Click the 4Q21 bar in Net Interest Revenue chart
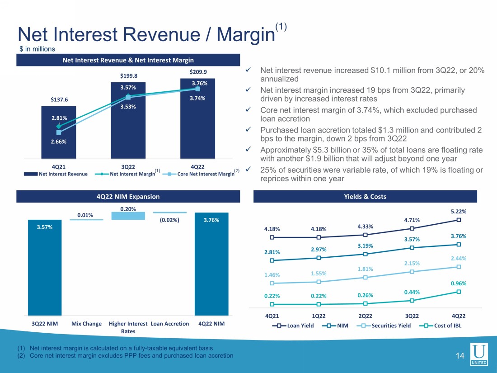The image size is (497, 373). (59, 136)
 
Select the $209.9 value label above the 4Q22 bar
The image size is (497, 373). (197, 72)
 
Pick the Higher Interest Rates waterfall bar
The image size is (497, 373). (128, 216)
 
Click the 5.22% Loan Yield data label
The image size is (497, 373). (458, 211)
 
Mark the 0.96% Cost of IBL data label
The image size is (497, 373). (458, 283)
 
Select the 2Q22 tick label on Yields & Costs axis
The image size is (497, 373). (365, 316)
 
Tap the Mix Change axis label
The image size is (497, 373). (86, 324)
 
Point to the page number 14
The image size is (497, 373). (460, 356)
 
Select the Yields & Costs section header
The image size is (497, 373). (366, 197)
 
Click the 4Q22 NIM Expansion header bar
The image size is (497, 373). (128, 197)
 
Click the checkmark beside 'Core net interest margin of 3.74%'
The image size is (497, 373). (248, 110)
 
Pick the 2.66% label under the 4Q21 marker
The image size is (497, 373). (59, 142)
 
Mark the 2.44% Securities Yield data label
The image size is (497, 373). (458, 258)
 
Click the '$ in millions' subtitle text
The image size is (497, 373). (37, 49)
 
